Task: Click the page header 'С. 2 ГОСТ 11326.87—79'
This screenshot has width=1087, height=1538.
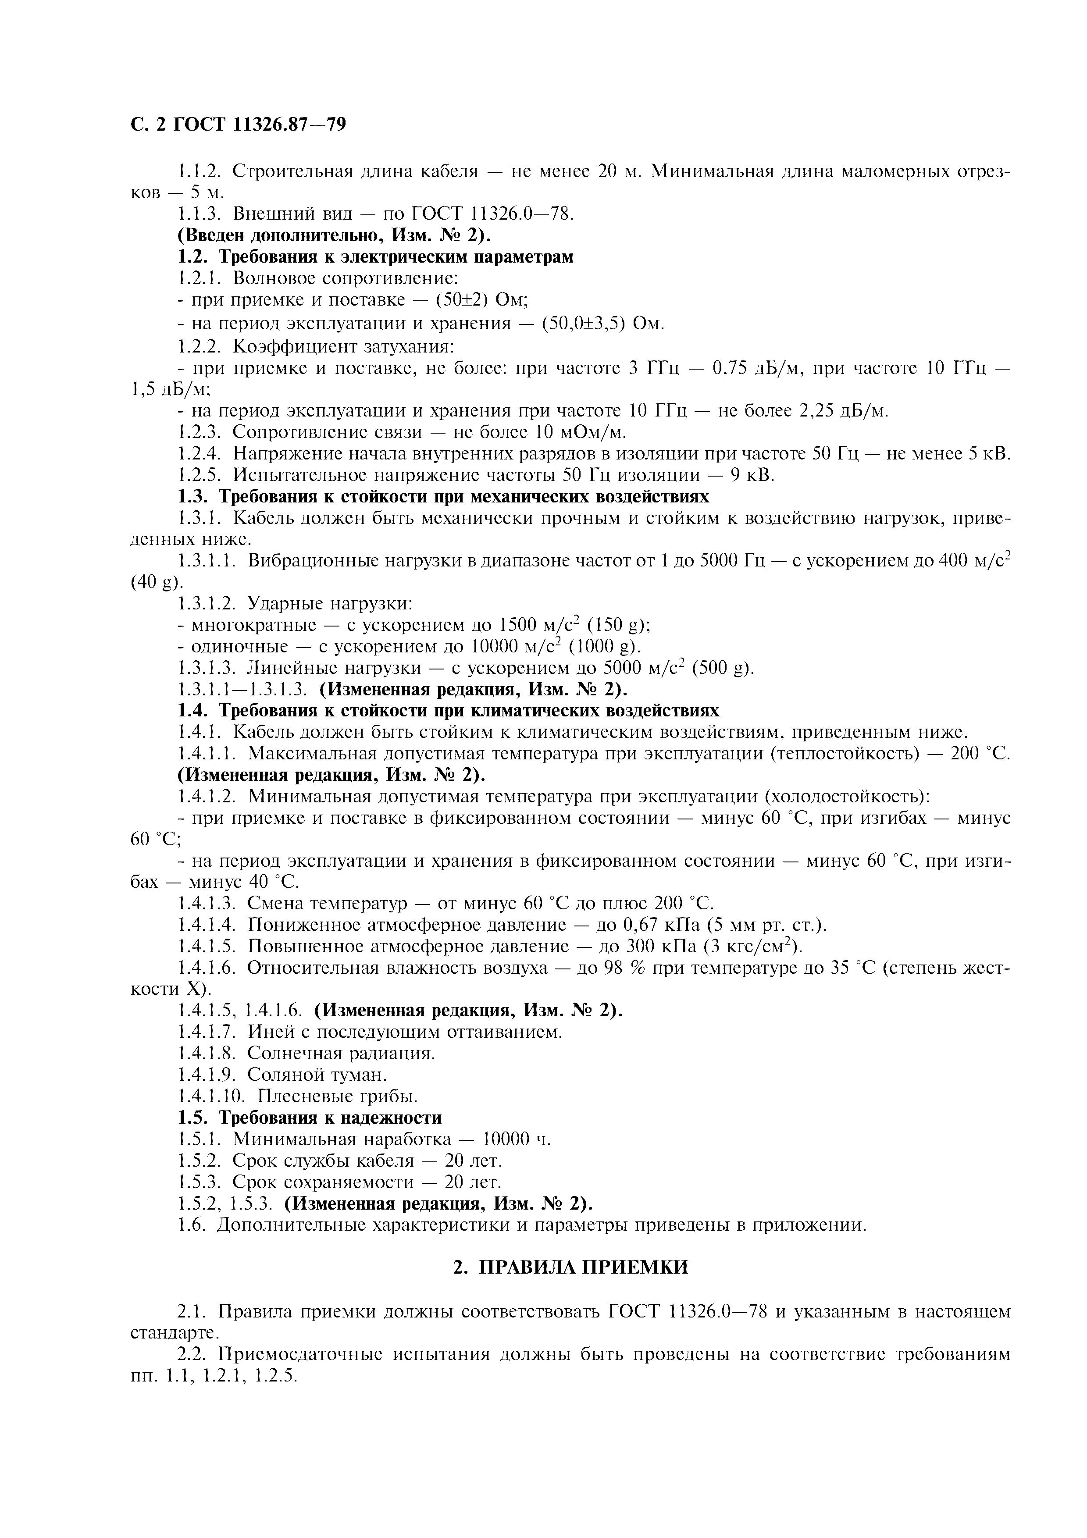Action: (238, 125)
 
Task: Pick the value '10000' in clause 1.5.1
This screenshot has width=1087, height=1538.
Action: (510, 1139)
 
